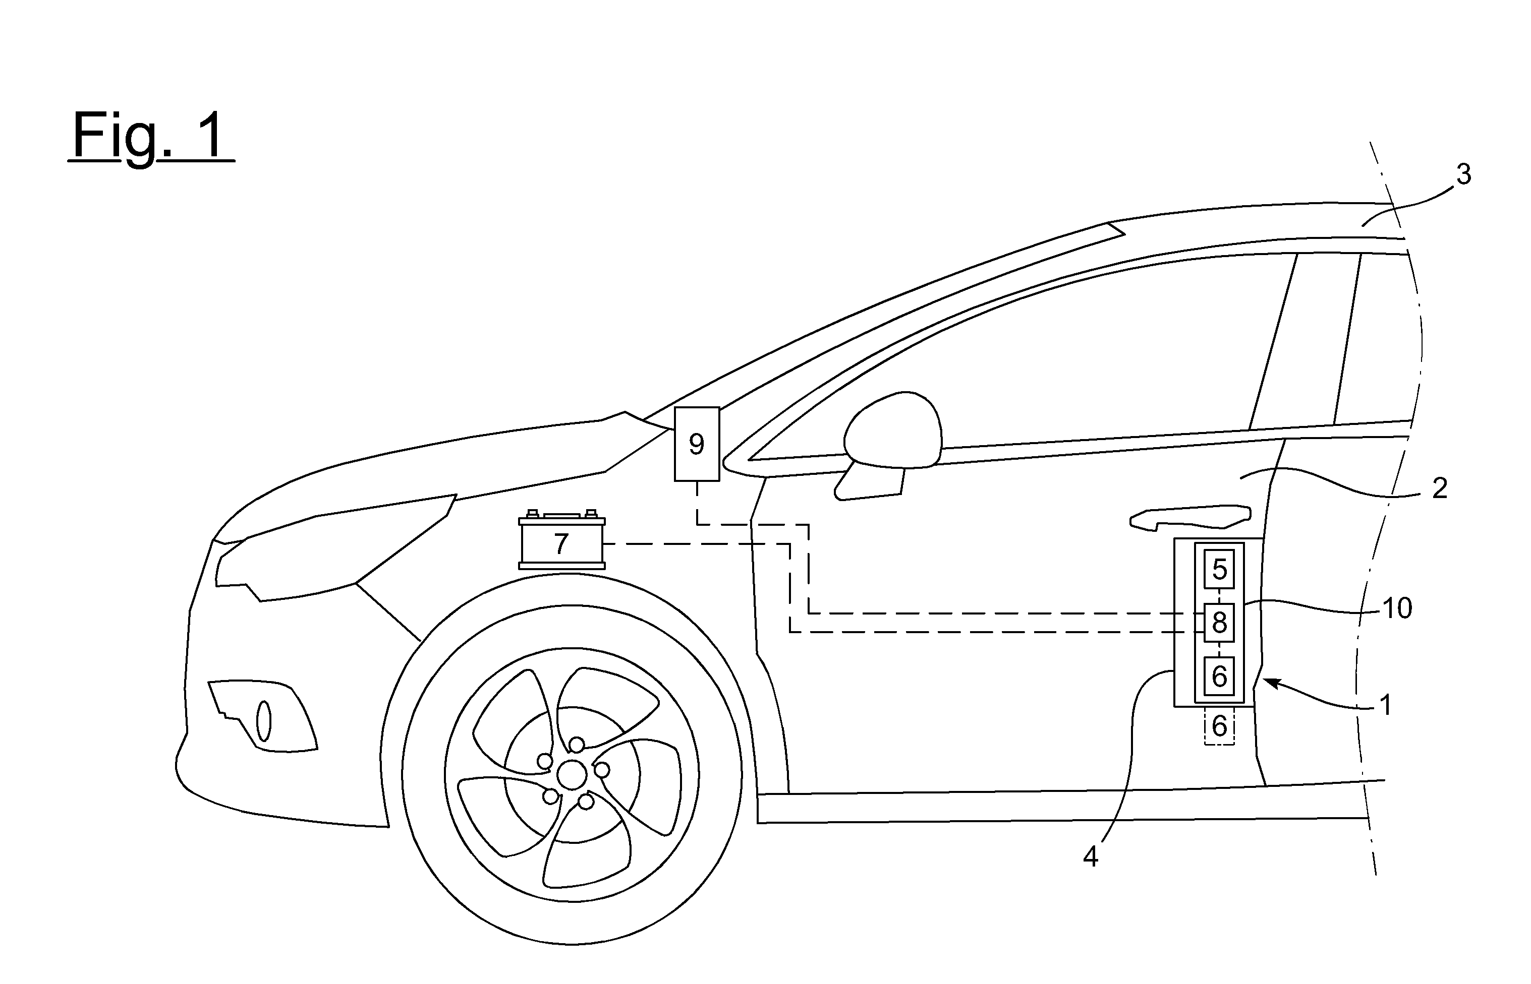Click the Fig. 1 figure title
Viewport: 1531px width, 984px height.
click(x=151, y=136)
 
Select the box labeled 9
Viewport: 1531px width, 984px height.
click(x=697, y=444)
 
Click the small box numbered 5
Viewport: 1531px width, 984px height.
click(x=1219, y=569)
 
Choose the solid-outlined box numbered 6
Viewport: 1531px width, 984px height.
click(x=1219, y=676)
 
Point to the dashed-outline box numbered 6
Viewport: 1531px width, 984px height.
click(x=1219, y=726)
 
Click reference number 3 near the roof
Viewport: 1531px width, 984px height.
click(x=1463, y=174)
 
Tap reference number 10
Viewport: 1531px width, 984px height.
click(x=1397, y=608)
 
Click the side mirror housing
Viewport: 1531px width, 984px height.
click(x=893, y=430)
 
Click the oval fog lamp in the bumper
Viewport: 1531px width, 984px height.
click(x=263, y=722)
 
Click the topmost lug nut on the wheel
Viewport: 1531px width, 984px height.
click(x=577, y=745)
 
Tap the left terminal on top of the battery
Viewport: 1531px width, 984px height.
click(x=532, y=513)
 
